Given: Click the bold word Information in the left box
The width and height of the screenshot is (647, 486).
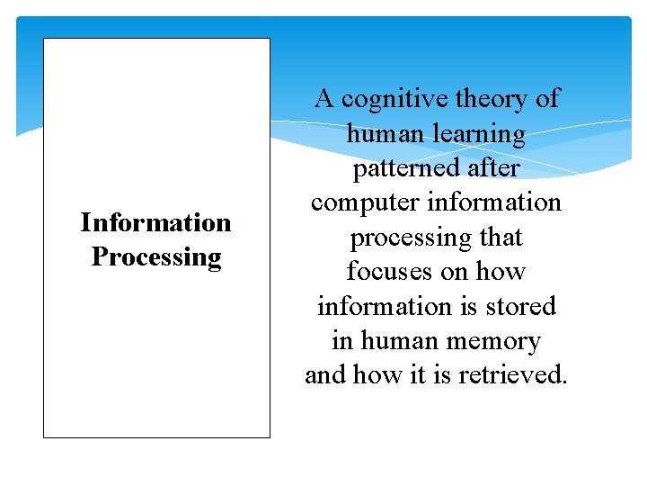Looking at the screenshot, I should click(155, 222).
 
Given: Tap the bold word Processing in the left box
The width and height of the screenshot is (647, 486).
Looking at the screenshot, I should click(155, 257).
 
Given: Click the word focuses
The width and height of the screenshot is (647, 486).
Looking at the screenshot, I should click(391, 272).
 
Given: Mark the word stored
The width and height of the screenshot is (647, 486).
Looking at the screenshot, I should click(524, 306).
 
